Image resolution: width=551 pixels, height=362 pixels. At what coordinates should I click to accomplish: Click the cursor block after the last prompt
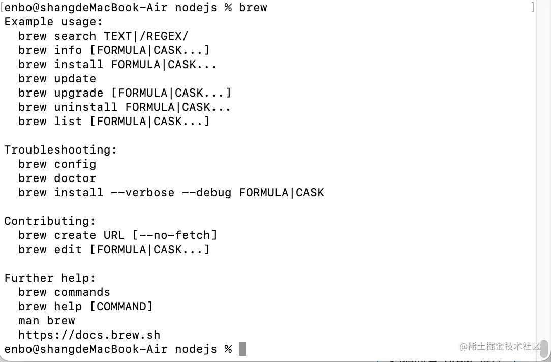click(x=242, y=349)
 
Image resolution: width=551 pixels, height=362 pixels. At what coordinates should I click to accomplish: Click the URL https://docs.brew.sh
click(x=89, y=335)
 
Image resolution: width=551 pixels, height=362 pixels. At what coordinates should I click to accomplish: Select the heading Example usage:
click(x=54, y=22)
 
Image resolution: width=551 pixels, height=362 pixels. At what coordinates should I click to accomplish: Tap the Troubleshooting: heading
click(x=61, y=150)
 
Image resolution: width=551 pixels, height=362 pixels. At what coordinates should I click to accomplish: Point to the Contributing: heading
click(x=50, y=221)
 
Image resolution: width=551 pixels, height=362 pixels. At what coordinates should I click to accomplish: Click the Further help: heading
click(x=50, y=278)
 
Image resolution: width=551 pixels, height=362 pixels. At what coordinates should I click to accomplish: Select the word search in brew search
click(x=75, y=36)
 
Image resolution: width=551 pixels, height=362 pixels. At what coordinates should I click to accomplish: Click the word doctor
click(x=75, y=178)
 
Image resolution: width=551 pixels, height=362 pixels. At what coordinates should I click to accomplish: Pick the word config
click(x=75, y=164)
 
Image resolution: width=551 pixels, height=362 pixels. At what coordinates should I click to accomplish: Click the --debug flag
click(x=207, y=193)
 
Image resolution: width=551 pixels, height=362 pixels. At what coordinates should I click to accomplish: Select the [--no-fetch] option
click(x=175, y=235)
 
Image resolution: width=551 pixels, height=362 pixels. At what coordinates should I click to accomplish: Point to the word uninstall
click(x=86, y=107)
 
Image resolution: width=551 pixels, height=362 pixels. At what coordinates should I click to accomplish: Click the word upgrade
click(x=79, y=93)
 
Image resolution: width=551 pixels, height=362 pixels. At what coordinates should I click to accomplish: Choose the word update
click(x=75, y=79)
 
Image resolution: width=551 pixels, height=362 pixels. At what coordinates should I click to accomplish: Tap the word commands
click(x=82, y=292)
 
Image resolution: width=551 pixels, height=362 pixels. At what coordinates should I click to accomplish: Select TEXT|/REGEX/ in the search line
click(x=146, y=36)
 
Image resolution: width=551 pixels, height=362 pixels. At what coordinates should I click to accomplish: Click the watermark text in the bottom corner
click(x=500, y=347)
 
